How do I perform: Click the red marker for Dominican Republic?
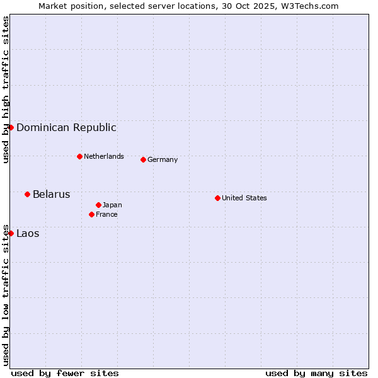point(11,127)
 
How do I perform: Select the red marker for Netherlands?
point(79,156)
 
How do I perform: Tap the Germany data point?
point(143,159)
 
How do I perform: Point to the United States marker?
point(217,198)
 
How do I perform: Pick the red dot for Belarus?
point(27,194)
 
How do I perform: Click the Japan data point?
point(98,205)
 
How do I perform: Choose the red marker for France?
point(91,214)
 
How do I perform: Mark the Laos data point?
point(11,233)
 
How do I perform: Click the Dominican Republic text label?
point(66,127)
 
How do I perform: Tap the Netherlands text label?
point(104,156)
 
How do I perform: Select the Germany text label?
point(163,159)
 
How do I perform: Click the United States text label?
point(244,198)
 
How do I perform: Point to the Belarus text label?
point(51,194)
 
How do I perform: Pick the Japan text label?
point(112,205)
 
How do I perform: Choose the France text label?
point(106,214)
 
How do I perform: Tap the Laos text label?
point(28,233)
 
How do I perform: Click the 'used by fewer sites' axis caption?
point(65,373)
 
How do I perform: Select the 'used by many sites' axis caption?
point(316,373)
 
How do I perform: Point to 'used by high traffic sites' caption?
point(6,89)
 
